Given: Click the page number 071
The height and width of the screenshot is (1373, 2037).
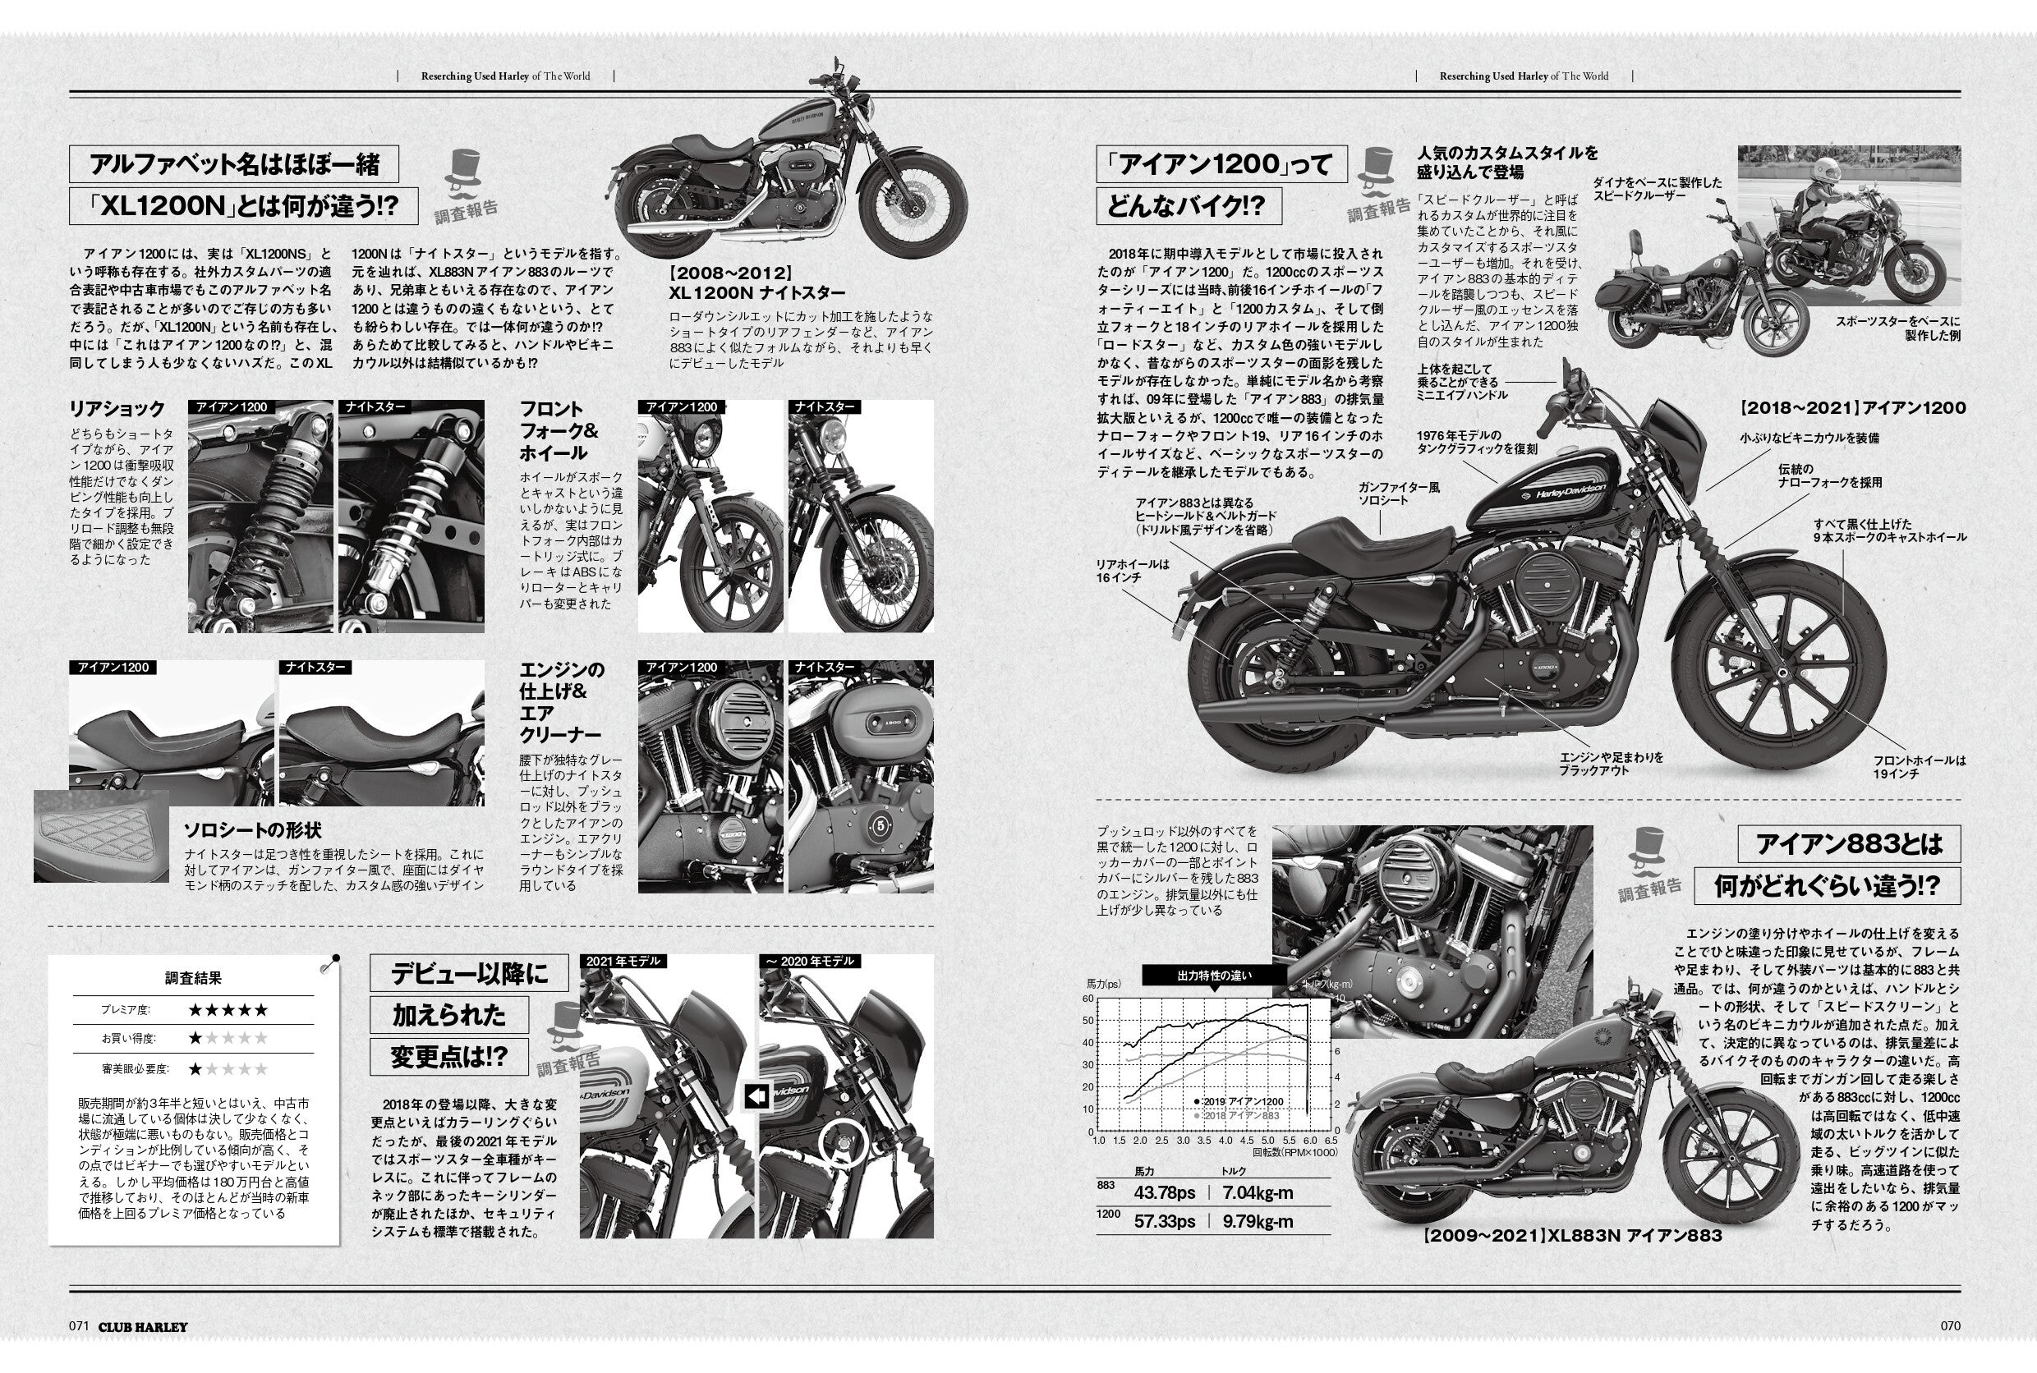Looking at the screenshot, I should click(79, 1325).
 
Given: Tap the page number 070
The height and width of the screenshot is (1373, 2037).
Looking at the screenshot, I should click(1950, 1325).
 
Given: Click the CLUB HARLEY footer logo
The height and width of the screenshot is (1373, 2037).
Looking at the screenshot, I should click(143, 1326).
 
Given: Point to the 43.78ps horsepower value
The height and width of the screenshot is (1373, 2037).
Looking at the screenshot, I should click(1164, 1192).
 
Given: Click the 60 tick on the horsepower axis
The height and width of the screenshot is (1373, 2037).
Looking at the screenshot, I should click(1088, 999).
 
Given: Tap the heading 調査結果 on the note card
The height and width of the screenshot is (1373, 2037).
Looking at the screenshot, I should click(194, 978).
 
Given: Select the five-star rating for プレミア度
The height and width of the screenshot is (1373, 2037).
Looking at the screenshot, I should click(228, 1009).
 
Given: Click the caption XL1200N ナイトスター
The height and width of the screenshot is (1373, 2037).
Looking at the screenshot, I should click(756, 292).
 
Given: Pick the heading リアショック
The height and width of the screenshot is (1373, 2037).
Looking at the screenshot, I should click(117, 409).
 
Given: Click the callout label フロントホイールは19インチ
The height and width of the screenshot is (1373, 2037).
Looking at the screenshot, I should click(1919, 767).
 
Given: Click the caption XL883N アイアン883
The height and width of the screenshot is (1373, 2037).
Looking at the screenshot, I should click(1572, 1236).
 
